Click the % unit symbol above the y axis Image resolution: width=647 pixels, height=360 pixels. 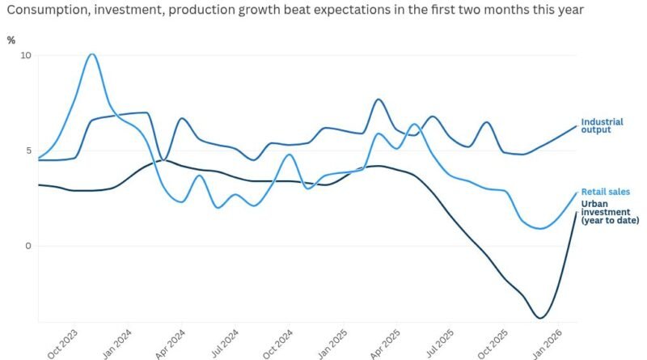pyautogui.click(x=11, y=40)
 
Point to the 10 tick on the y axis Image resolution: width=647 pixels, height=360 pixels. pyautogui.click(x=25, y=56)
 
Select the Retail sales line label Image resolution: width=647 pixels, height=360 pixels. pyautogui.click(x=606, y=192)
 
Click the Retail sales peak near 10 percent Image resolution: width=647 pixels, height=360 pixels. pyautogui.click(x=91, y=54)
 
